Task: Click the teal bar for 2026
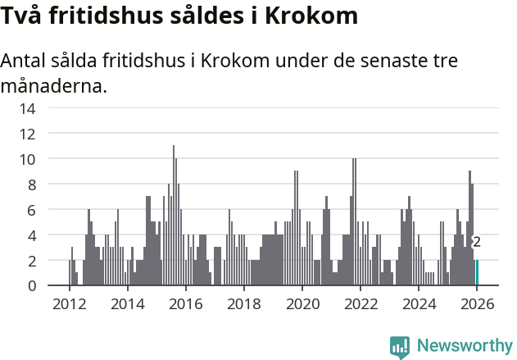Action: [x=477, y=273]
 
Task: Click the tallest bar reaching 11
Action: [x=173, y=216]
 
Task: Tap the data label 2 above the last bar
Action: [x=477, y=242]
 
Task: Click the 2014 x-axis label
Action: [x=127, y=303]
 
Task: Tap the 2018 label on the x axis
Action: [x=243, y=303]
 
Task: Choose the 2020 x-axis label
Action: [x=302, y=303]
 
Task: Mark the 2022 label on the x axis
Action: [x=361, y=303]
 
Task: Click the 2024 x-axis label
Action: [x=419, y=303]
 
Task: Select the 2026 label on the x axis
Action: [x=477, y=303]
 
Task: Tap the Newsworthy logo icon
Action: [x=400, y=346]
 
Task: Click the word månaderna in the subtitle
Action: [x=54, y=85]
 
